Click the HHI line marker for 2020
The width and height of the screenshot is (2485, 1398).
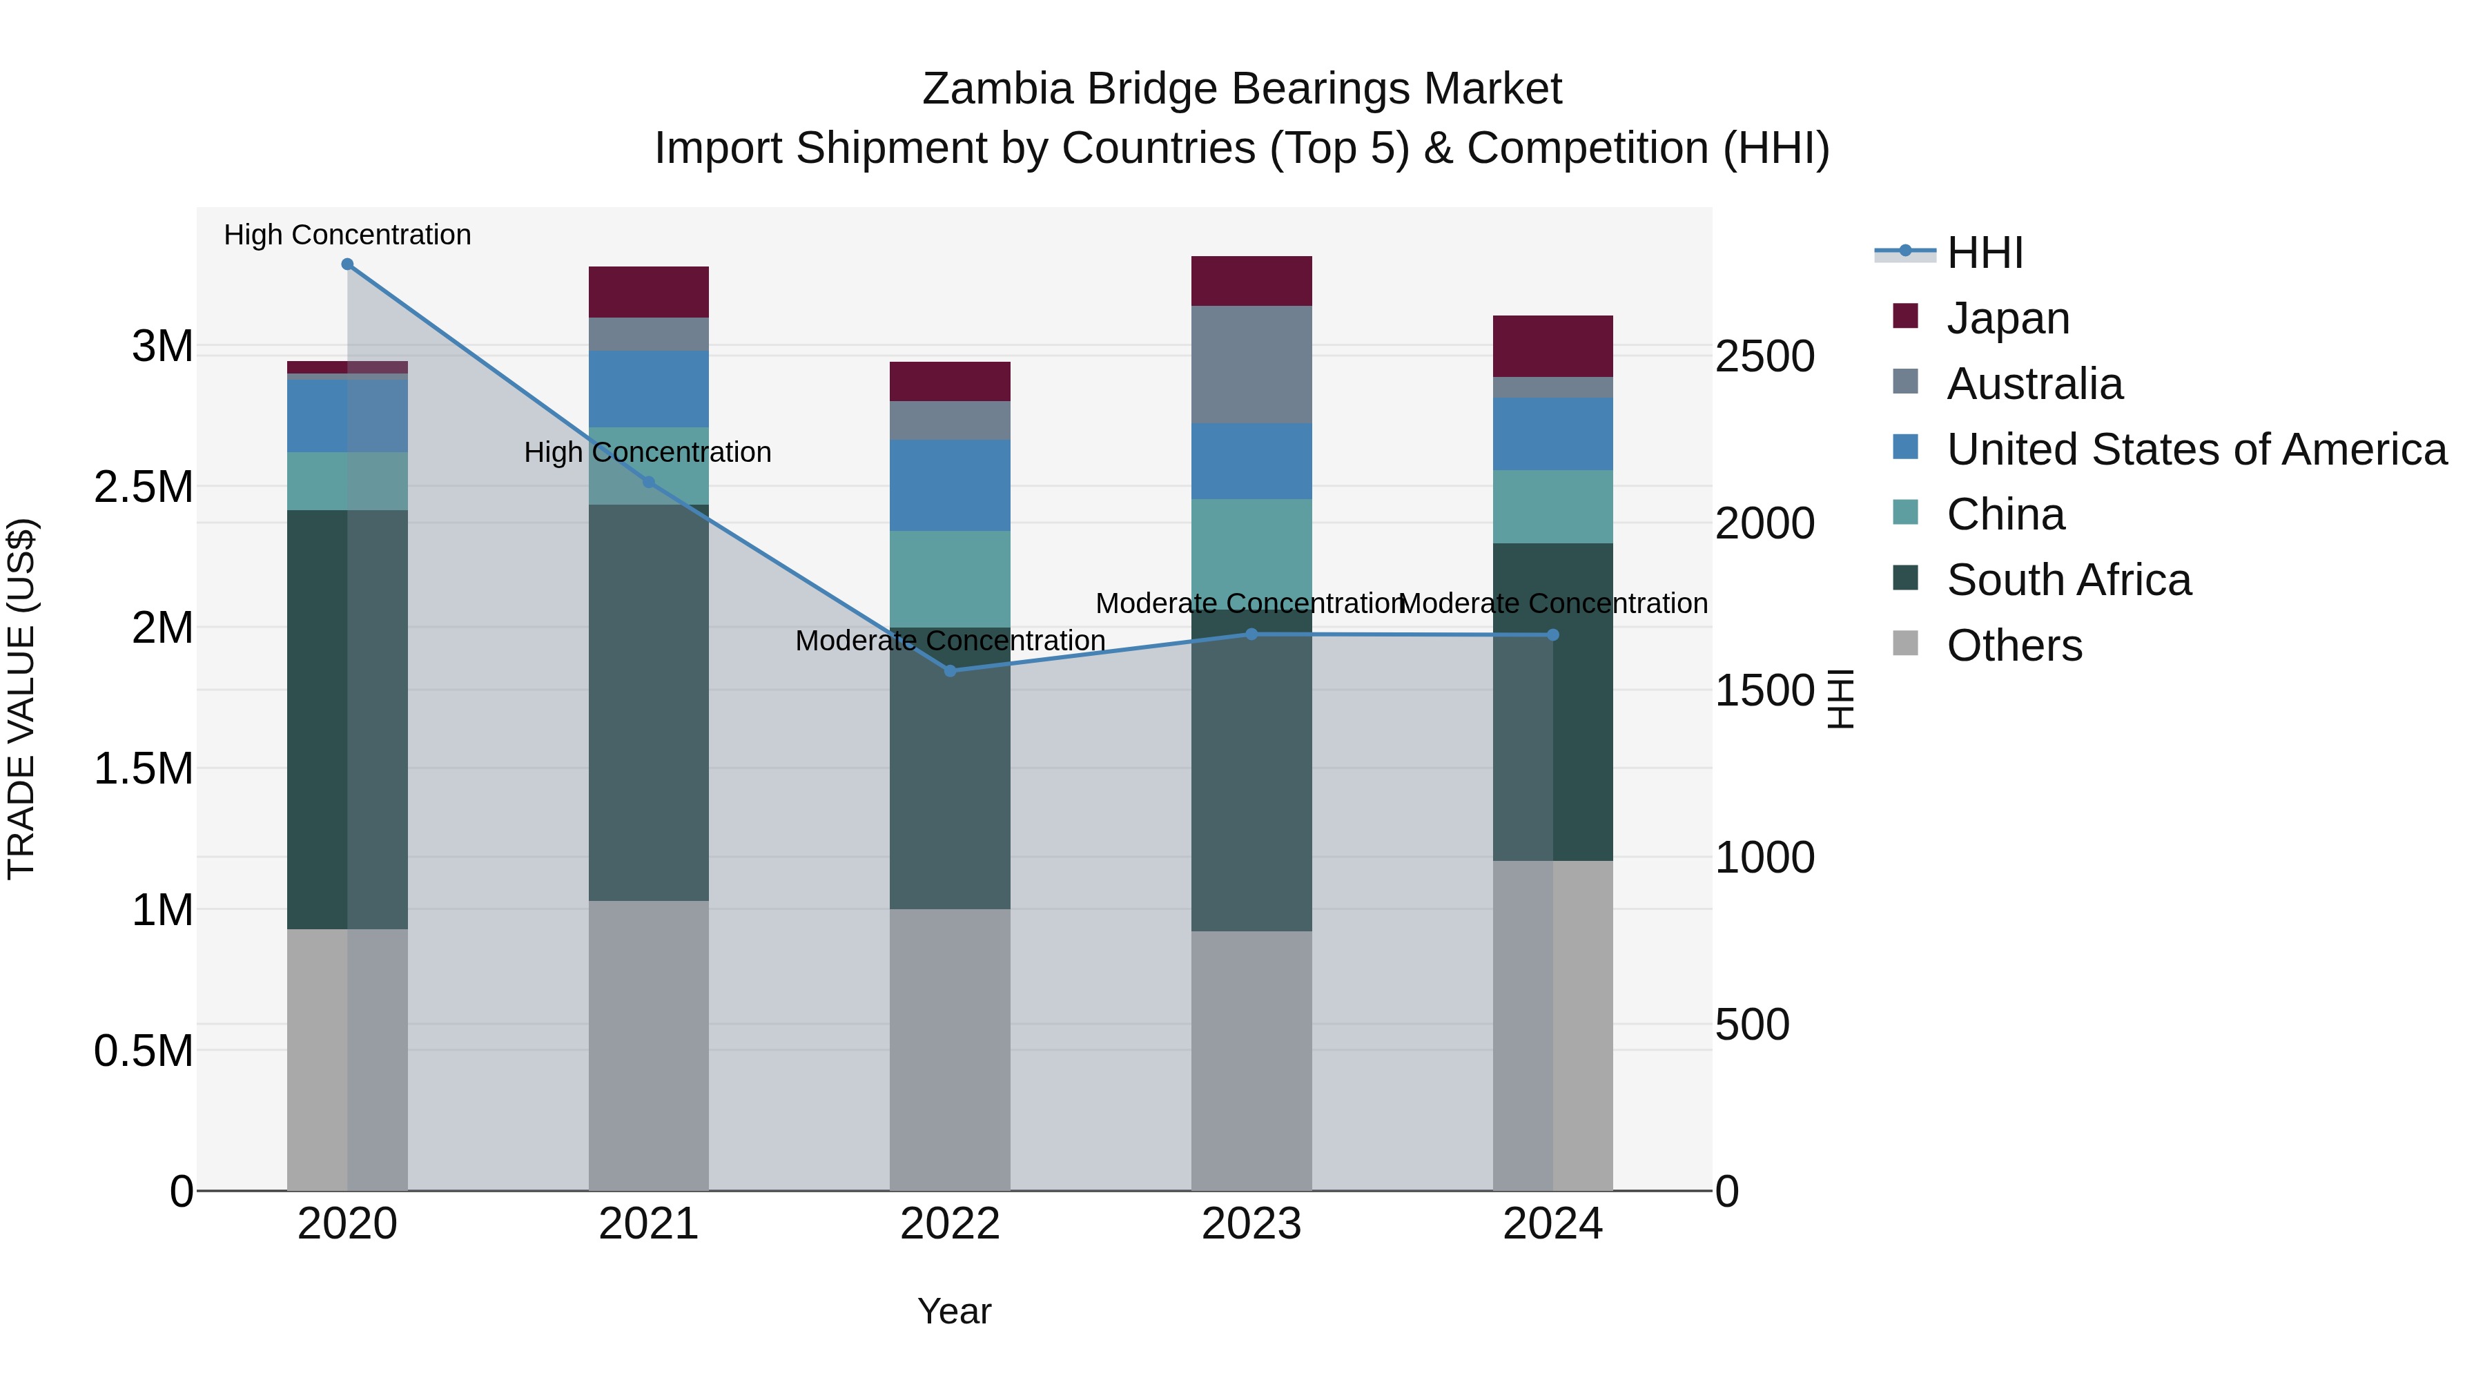click(x=347, y=264)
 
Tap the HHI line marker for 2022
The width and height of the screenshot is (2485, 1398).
click(x=951, y=670)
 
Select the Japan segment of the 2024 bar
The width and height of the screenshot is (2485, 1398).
click(x=1552, y=345)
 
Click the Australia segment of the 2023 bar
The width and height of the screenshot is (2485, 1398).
click(x=1251, y=364)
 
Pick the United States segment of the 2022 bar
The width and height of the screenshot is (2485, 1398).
click(x=951, y=485)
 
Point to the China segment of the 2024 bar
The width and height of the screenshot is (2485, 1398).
click(x=1552, y=507)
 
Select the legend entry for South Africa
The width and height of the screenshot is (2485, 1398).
click(x=2067, y=580)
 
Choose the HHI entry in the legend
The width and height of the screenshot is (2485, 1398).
click(x=1985, y=253)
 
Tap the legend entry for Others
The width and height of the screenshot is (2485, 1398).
click(x=2014, y=645)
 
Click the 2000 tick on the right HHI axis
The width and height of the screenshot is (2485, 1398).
click(x=1764, y=524)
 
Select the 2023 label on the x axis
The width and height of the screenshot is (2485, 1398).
click(x=1251, y=1224)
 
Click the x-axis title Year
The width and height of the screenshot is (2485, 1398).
click(x=954, y=1311)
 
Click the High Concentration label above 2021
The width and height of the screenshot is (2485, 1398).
click(x=647, y=452)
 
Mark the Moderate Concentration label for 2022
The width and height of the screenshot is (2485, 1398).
click(x=951, y=641)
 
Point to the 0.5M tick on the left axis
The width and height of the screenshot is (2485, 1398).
click(x=144, y=1051)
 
